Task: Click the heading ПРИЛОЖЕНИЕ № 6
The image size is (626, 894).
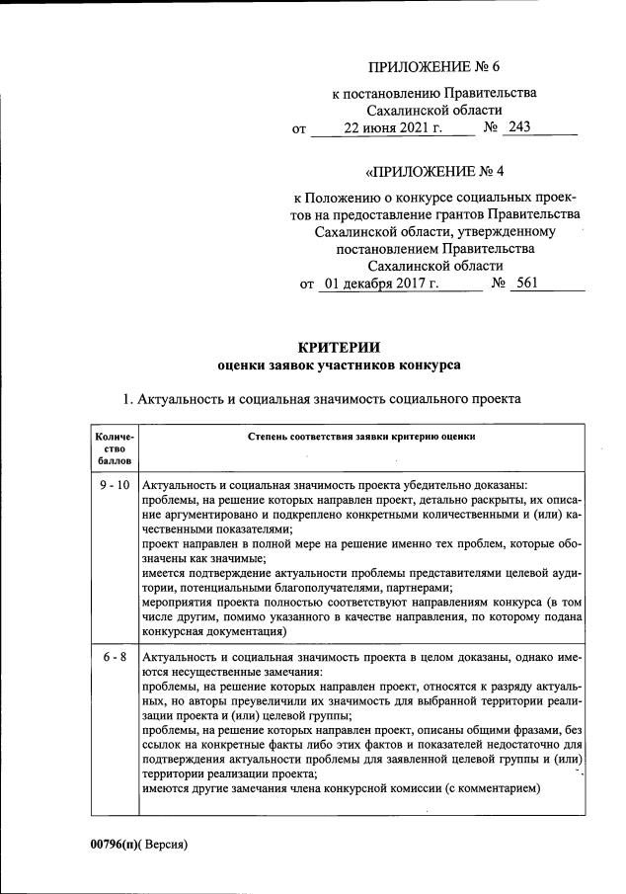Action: (434, 67)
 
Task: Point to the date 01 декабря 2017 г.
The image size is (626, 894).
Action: (380, 284)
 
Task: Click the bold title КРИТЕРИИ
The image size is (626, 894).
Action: (339, 346)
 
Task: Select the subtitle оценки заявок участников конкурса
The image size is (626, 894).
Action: (339, 365)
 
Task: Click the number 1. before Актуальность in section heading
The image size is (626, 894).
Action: (125, 399)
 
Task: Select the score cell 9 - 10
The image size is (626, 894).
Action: (115, 485)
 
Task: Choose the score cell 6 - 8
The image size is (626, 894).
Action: (115, 657)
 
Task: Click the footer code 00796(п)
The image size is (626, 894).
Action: (114, 845)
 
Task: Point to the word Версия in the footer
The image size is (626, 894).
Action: (163, 845)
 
